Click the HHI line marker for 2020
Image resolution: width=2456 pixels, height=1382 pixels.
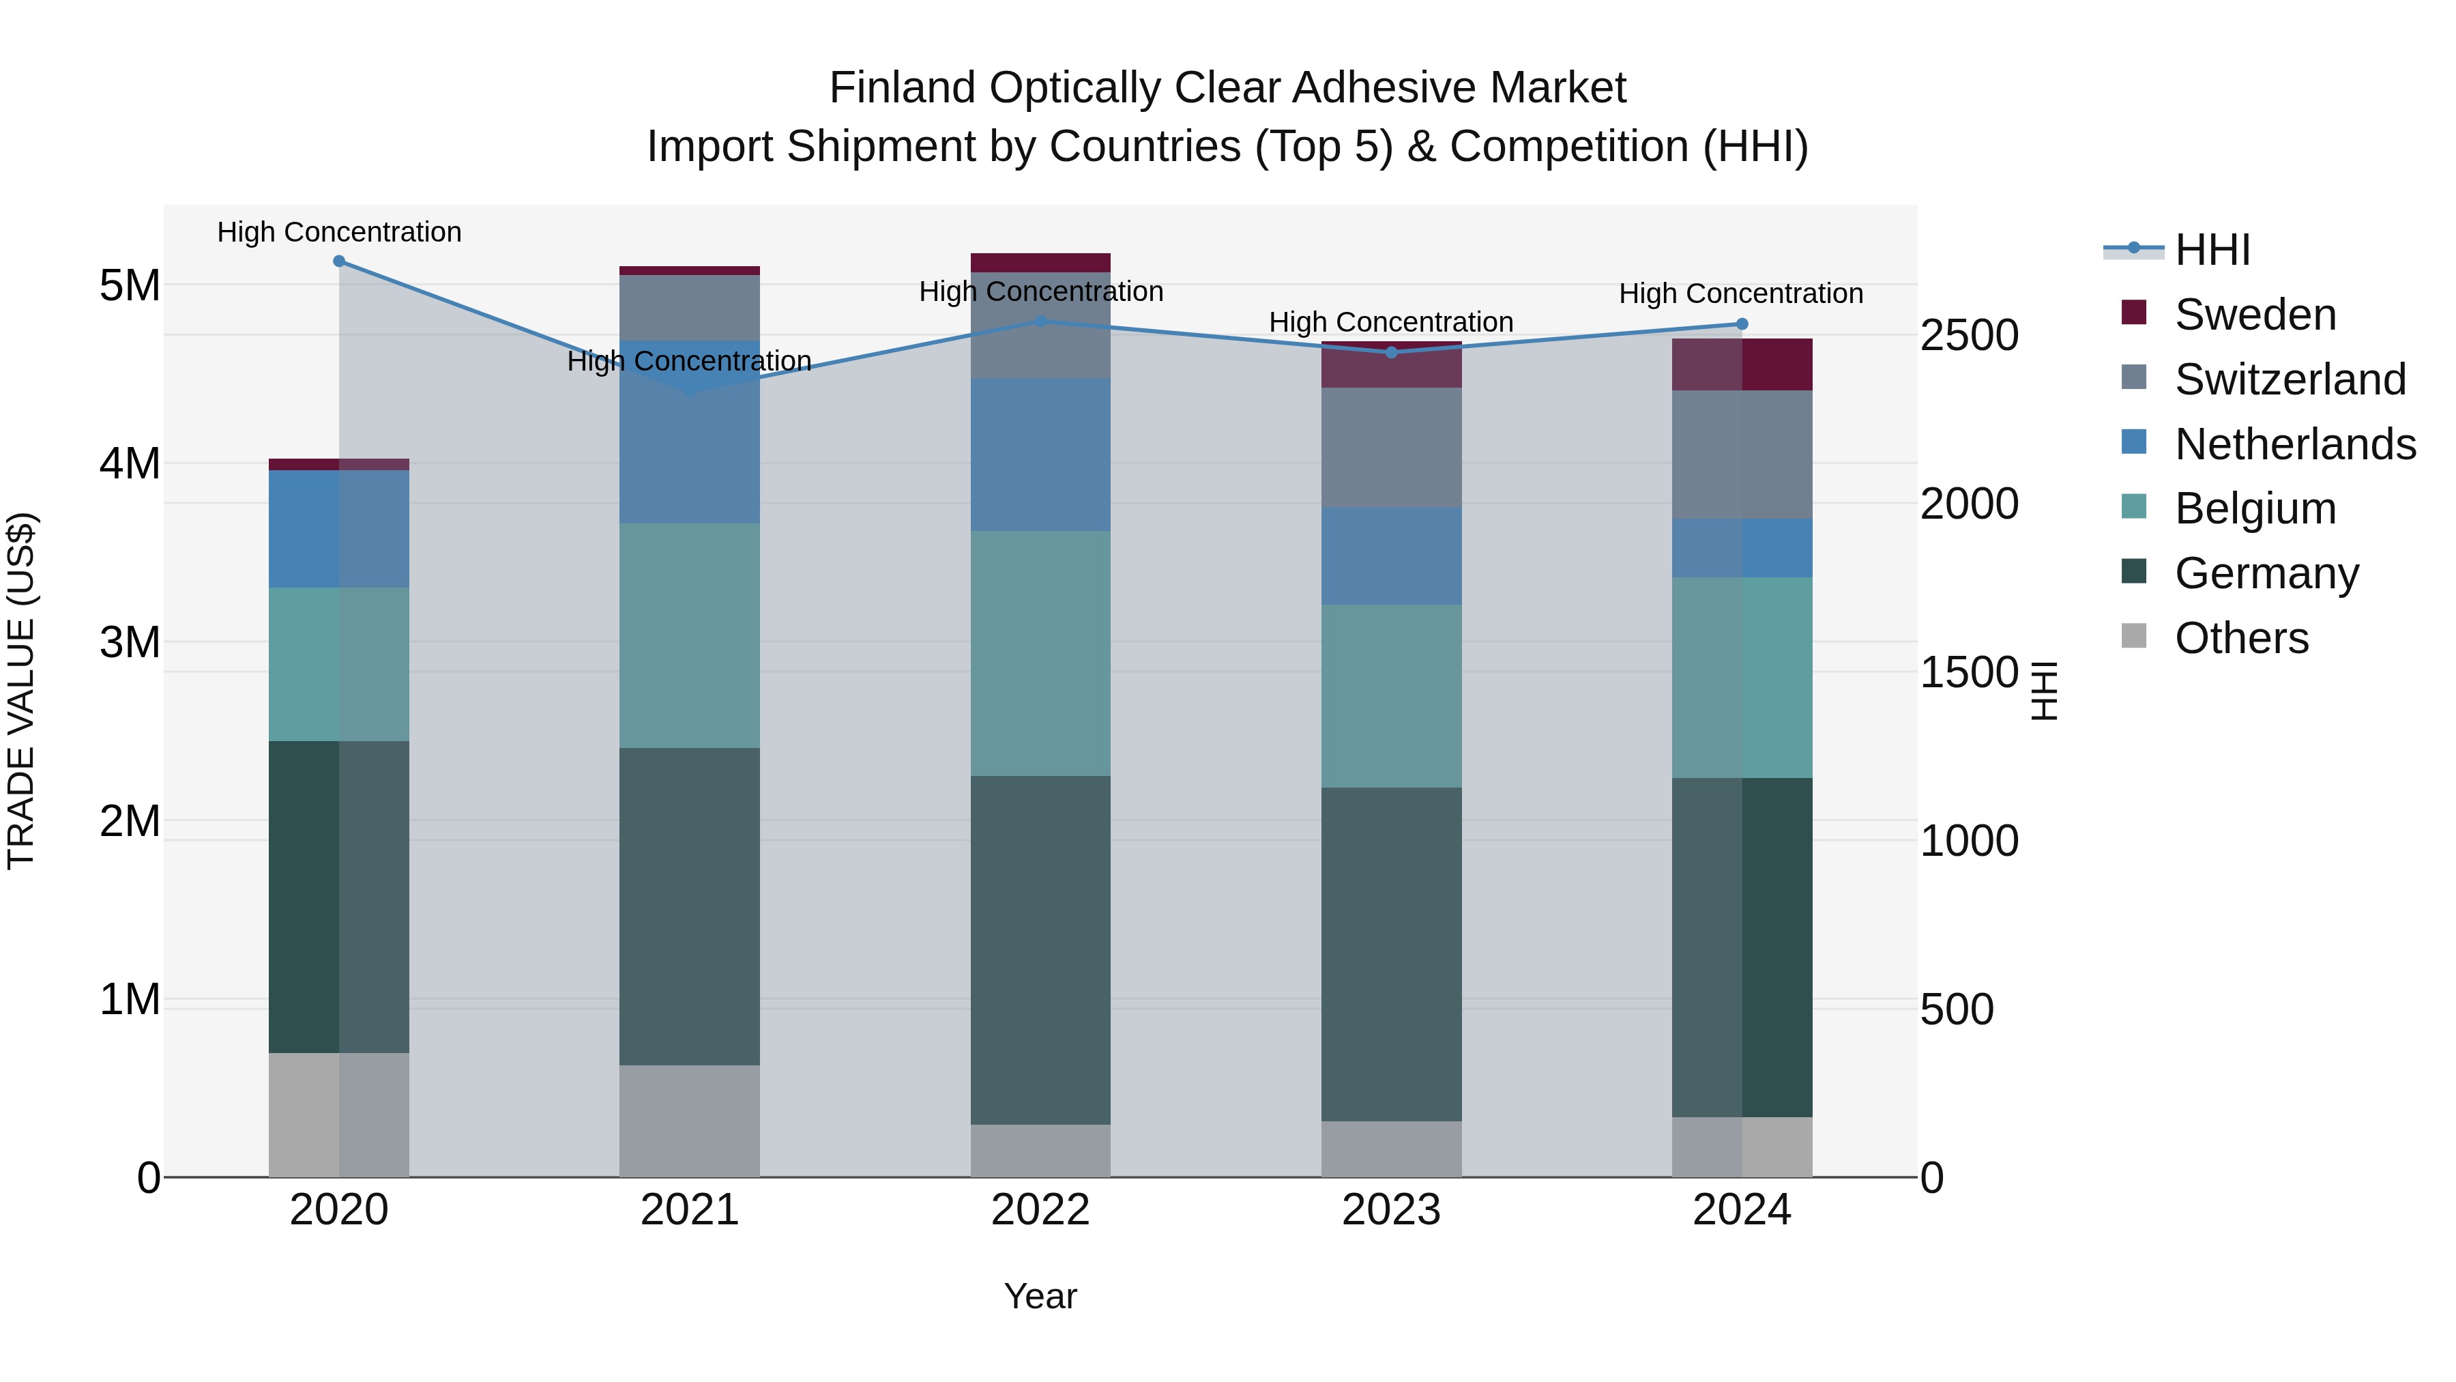coord(340,261)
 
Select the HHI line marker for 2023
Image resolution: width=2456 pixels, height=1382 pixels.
coord(1391,352)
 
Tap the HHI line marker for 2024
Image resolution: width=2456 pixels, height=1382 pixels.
coord(1742,324)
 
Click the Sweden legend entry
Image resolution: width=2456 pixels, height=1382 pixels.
coord(2255,315)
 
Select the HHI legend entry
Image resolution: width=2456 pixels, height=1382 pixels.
coord(2212,250)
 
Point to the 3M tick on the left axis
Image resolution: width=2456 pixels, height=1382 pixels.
coord(130,642)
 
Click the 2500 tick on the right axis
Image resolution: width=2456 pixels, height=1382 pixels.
coord(1969,336)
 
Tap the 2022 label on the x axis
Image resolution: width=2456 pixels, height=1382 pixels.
coord(1040,1210)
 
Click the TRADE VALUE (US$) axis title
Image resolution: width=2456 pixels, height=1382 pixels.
coord(21,691)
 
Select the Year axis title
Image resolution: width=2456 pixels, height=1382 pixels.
coord(1040,1296)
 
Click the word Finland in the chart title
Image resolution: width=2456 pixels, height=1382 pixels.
coord(902,88)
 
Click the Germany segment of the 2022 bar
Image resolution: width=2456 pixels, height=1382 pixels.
coord(1040,949)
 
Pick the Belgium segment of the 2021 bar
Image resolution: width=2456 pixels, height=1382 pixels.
coord(689,635)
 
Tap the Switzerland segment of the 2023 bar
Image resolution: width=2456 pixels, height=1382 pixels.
coord(1391,446)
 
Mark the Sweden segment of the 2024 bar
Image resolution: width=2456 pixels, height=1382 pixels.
coord(1742,364)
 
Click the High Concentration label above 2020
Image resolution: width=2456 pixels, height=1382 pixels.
coord(340,232)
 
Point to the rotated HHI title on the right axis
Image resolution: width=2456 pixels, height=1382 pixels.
coord(2044,691)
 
